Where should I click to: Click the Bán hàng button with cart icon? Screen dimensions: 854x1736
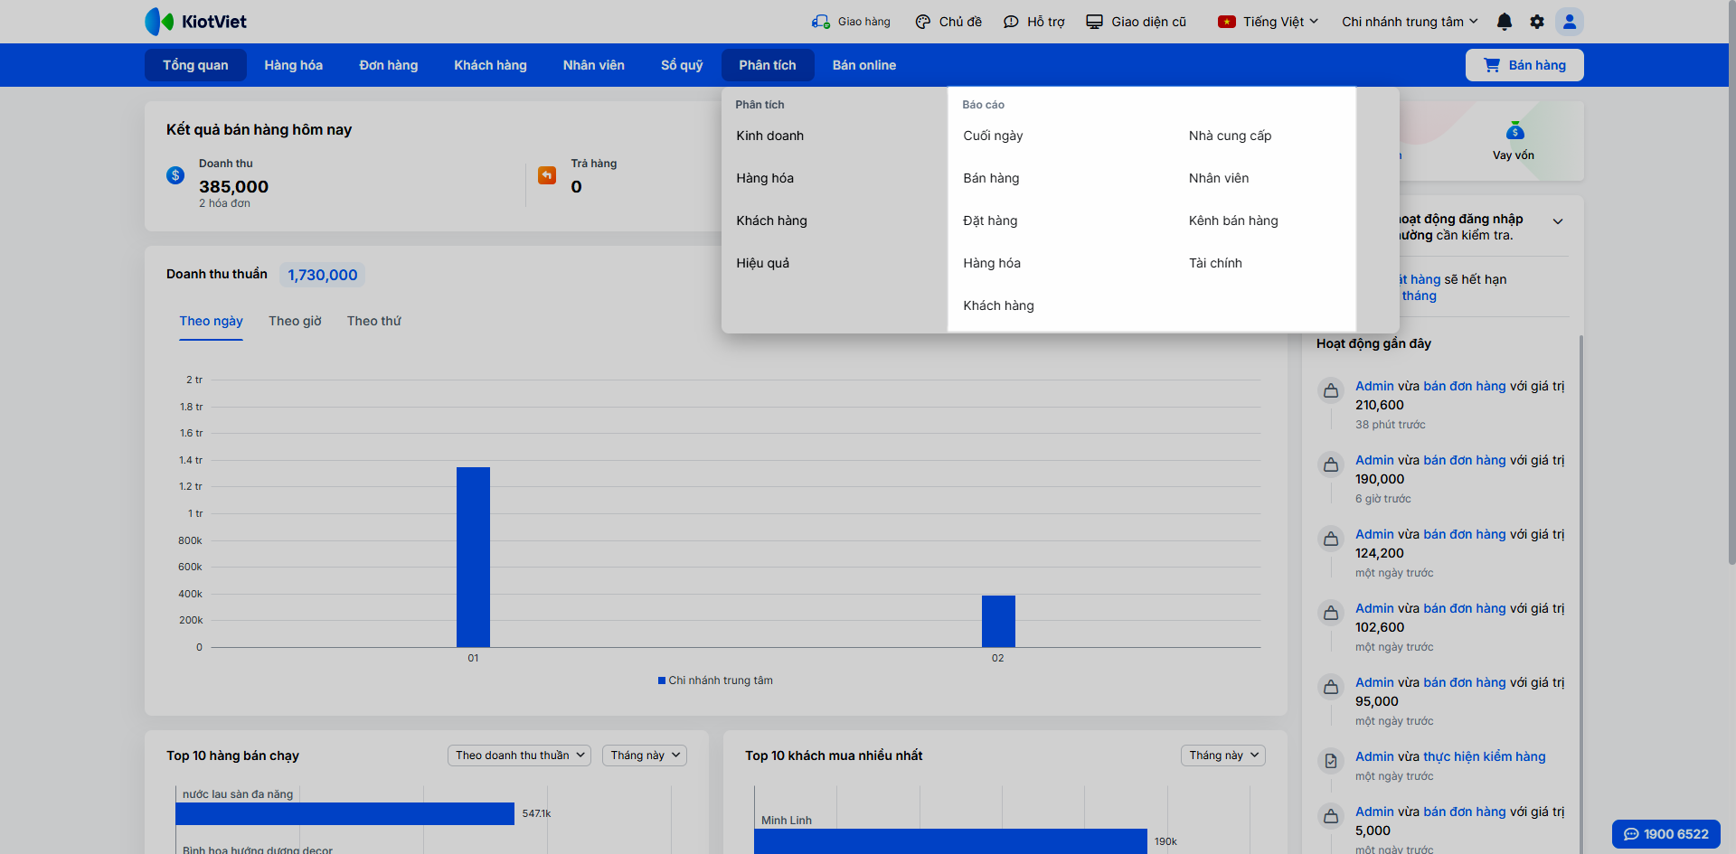[1524, 65]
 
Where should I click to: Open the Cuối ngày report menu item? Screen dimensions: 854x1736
[993, 136]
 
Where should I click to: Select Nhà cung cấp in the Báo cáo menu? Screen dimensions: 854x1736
[1230, 136]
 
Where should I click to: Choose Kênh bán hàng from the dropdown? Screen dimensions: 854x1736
[1233, 221]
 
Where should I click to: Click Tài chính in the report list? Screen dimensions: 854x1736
[1215, 263]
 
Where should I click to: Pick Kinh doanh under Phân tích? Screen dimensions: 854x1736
[769, 136]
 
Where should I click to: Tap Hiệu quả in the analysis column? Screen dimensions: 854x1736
[762, 263]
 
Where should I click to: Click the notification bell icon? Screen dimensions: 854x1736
[1505, 22]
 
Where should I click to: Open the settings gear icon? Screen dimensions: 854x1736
[1537, 22]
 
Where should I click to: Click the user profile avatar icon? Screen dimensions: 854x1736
[1570, 22]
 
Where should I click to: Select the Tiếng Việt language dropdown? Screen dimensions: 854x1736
[1269, 22]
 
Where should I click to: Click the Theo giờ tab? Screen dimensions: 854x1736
[295, 321]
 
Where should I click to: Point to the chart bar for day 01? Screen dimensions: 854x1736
[473, 557]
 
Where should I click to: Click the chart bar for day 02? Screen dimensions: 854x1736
[998, 621]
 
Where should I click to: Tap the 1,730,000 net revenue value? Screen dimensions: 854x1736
[323, 275]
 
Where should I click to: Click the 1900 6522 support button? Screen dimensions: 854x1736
[1666, 834]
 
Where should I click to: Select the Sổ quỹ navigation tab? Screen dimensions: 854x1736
[682, 65]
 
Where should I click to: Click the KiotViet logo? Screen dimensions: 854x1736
[196, 22]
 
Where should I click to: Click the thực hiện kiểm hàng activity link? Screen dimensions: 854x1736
[1484, 756]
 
